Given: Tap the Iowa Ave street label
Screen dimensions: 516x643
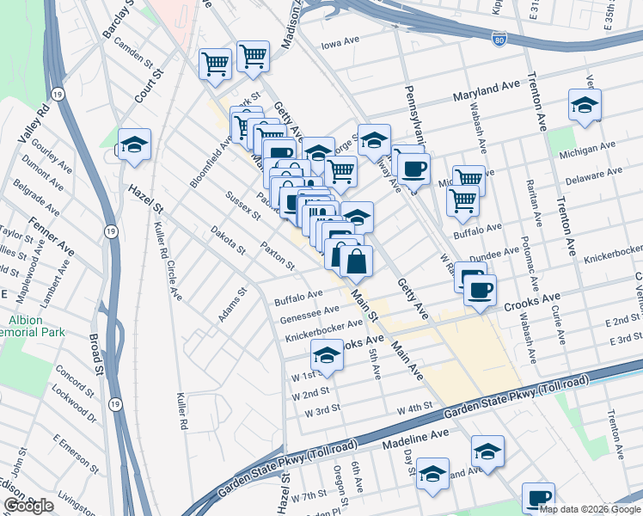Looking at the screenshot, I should [339, 43].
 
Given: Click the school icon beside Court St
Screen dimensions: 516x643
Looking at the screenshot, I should [134, 145].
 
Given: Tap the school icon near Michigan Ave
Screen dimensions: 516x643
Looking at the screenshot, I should [585, 106].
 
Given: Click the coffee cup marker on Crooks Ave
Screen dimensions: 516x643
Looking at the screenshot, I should [480, 289].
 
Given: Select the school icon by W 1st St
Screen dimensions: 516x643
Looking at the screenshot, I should [327, 354].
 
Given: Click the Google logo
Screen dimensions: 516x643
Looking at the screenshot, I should [29, 506].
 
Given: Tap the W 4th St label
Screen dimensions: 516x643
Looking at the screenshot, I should [413, 408].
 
